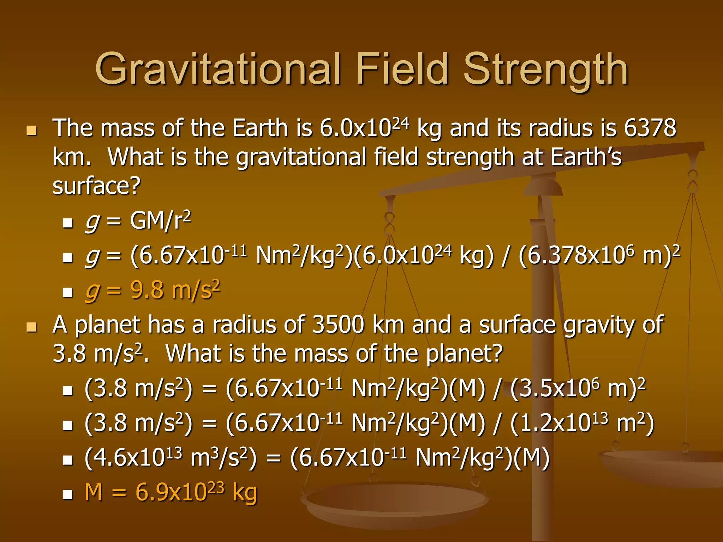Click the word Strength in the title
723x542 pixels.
click(x=545, y=69)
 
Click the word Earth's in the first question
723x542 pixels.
click(x=586, y=157)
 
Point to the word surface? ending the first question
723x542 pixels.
click(x=96, y=186)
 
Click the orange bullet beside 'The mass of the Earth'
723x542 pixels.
click(x=31, y=131)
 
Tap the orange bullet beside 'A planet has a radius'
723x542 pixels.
click(x=31, y=327)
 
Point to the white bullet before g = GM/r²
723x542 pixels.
click(x=67, y=223)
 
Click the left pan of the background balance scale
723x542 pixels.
click(x=392, y=501)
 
